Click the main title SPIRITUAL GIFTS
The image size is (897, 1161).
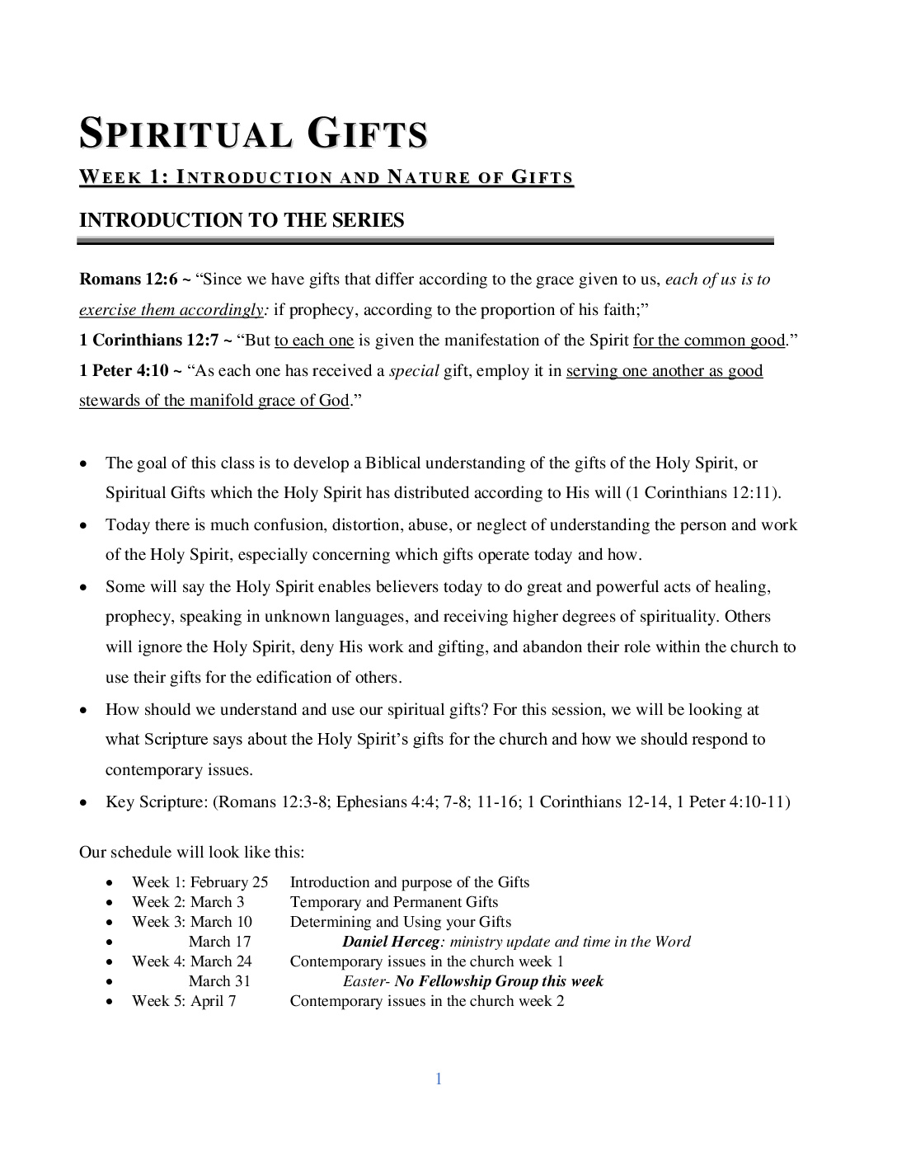[x=253, y=134]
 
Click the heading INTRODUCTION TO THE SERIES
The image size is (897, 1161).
[x=242, y=220]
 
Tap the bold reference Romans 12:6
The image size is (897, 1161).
[x=129, y=280]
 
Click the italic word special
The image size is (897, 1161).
[x=414, y=371]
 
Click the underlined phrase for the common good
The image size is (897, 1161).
[x=709, y=341]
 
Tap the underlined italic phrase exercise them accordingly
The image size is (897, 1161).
[x=171, y=310]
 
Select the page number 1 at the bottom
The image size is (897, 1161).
[x=439, y=1079]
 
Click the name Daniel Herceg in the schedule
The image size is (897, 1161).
[x=392, y=942]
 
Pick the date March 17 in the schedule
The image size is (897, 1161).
[x=219, y=942]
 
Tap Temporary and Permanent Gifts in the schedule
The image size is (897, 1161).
[x=394, y=902]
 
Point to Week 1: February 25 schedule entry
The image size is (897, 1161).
[x=200, y=882]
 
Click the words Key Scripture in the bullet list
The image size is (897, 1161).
[x=156, y=801]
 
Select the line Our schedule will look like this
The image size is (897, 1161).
[x=191, y=852]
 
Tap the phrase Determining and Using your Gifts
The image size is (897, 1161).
[x=401, y=922]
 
